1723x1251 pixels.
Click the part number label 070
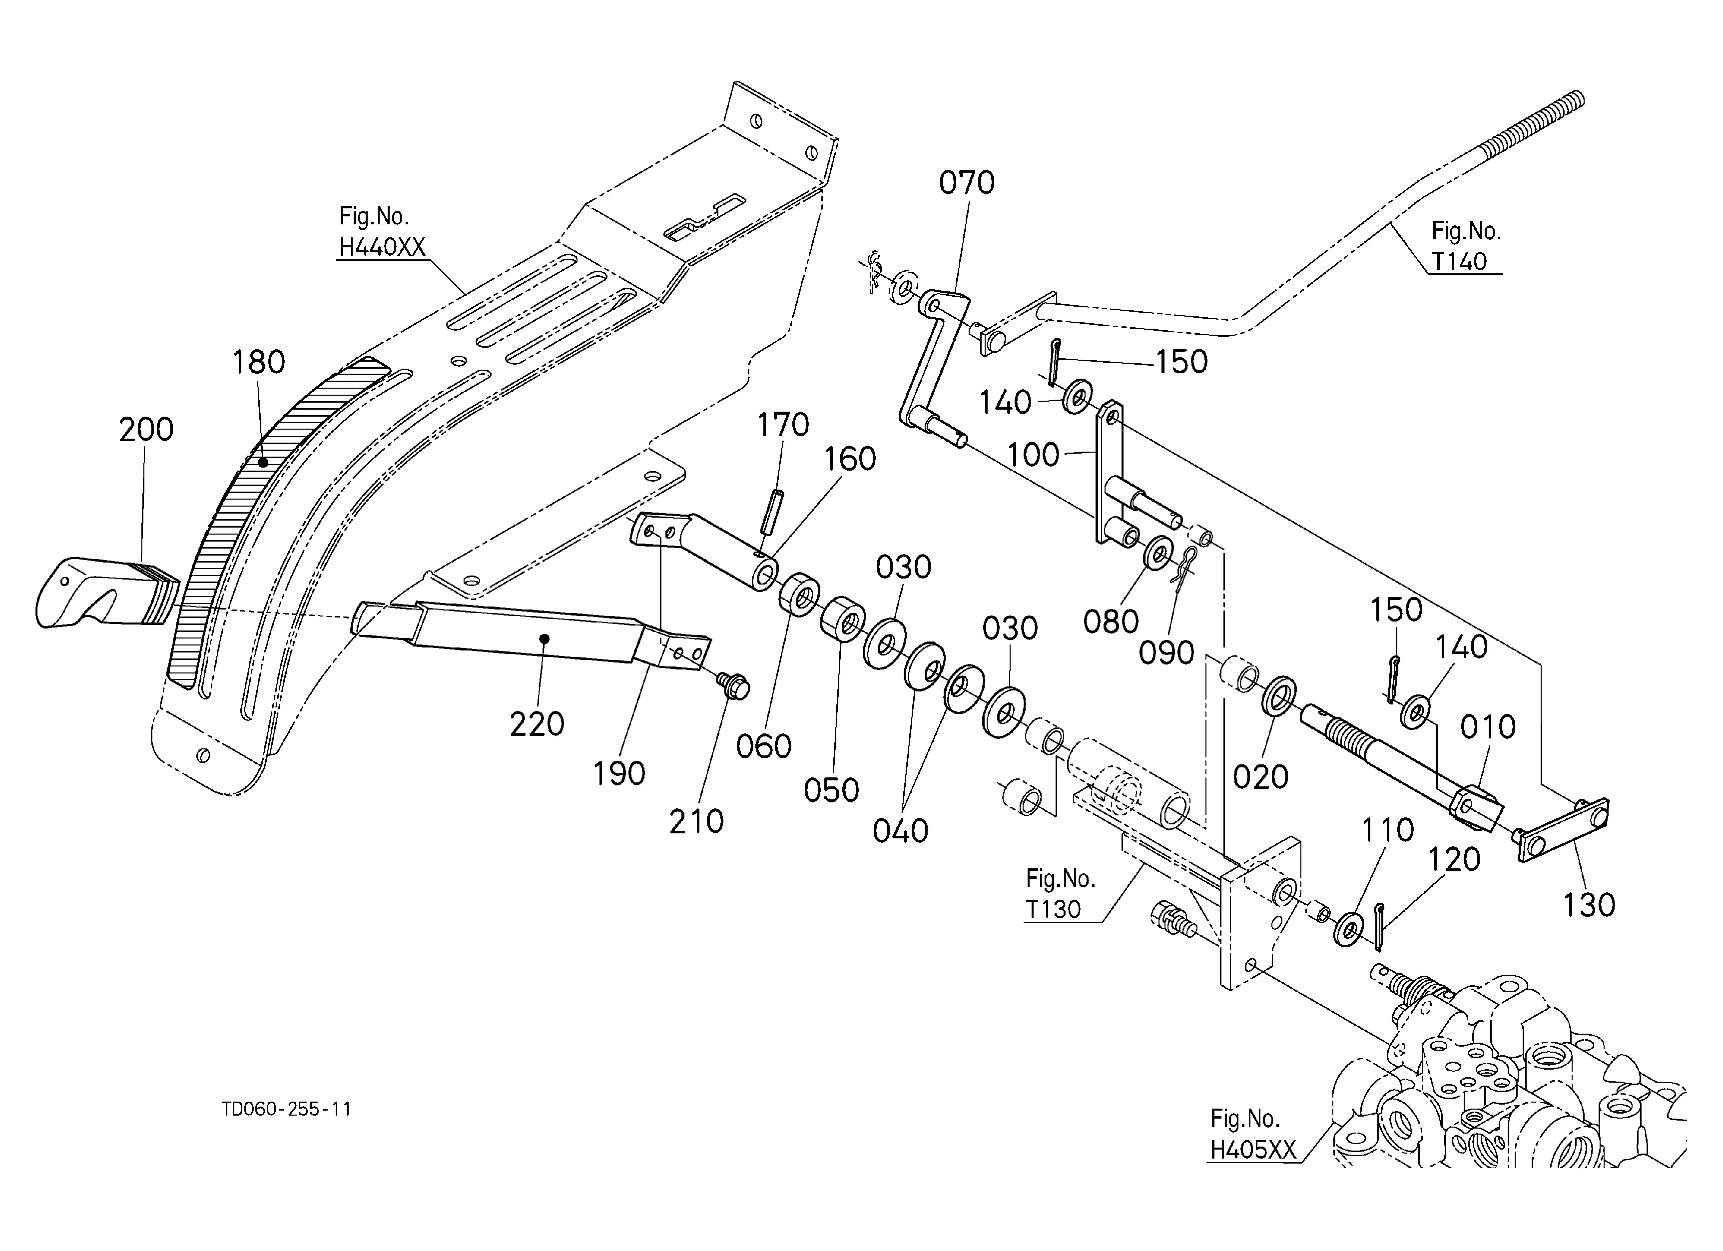[x=966, y=183]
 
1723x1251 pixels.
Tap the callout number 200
[x=146, y=430]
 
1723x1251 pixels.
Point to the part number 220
[x=537, y=724]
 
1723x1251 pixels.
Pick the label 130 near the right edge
[x=1589, y=905]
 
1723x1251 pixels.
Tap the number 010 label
[x=1488, y=727]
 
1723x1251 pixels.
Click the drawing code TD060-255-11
[x=286, y=1110]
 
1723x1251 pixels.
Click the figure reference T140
[x=1459, y=261]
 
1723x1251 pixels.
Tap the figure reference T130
[x=1053, y=909]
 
